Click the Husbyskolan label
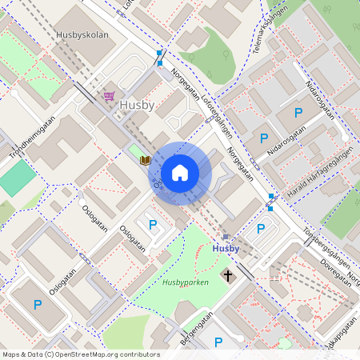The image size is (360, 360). pyautogui.click(x=82, y=35)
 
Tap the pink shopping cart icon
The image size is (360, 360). pyautogui.click(x=108, y=96)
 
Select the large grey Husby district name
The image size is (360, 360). pyautogui.click(x=137, y=105)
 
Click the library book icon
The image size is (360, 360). pyautogui.click(x=146, y=161)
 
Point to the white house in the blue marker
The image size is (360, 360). pyautogui.click(x=180, y=172)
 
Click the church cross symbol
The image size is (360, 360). pyautogui.click(x=228, y=276)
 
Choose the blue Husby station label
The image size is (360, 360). pyautogui.click(x=226, y=249)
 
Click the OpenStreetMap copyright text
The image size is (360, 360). pyautogui.click(x=81, y=354)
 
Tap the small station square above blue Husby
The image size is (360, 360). pyautogui.click(x=226, y=237)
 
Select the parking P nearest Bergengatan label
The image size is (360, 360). pyautogui.click(x=218, y=342)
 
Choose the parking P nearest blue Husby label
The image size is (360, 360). pyautogui.click(x=260, y=229)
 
